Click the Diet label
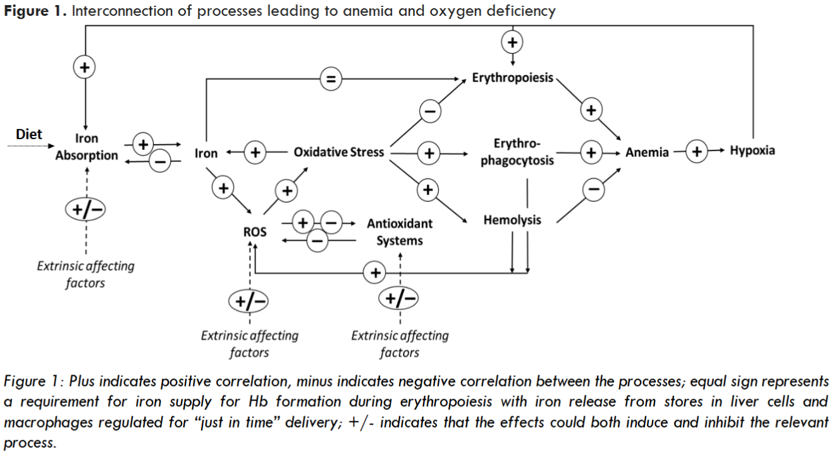[29, 134]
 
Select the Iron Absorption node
[86, 147]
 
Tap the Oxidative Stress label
[338, 152]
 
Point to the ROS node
[255, 232]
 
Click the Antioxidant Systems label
[400, 232]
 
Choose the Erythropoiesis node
[512, 78]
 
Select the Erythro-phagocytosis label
[517, 152]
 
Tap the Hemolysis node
[512, 220]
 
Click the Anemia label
[647, 152]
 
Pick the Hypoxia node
[752, 151]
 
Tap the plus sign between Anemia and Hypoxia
[697, 152]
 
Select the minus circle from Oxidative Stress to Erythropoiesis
[429, 111]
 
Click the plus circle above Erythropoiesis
[512, 42]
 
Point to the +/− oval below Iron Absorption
[85, 209]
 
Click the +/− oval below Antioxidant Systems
[398, 298]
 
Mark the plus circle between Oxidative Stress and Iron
[255, 153]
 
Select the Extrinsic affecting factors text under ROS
[249, 344]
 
